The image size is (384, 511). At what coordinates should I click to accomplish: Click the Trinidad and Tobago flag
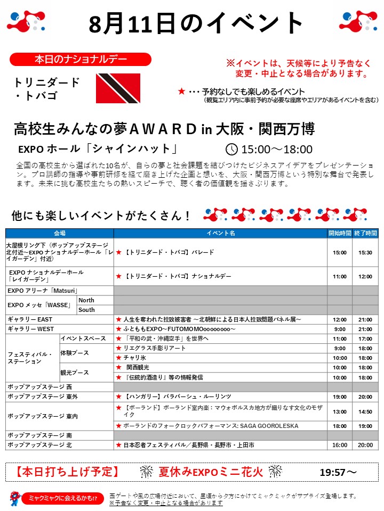click(118, 88)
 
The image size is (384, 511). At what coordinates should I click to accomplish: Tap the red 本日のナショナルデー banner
click(81, 59)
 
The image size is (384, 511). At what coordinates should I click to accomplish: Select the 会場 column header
click(59, 233)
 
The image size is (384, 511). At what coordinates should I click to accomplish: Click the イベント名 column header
click(221, 233)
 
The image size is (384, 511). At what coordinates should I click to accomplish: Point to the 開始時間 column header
click(340, 233)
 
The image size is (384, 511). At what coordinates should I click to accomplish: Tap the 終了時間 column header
click(365, 233)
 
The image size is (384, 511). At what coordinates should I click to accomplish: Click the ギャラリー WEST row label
click(30, 329)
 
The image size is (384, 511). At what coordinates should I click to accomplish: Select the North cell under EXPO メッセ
click(86, 300)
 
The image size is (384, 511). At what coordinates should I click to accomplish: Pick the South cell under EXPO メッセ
click(86, 310)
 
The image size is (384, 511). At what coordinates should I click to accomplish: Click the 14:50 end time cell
click(365, 411)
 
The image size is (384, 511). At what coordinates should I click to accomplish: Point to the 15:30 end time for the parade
click(365, 252)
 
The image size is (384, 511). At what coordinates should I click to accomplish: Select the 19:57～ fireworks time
click(338, 472)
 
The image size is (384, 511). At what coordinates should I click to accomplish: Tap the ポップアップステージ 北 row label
click(39, 444)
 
